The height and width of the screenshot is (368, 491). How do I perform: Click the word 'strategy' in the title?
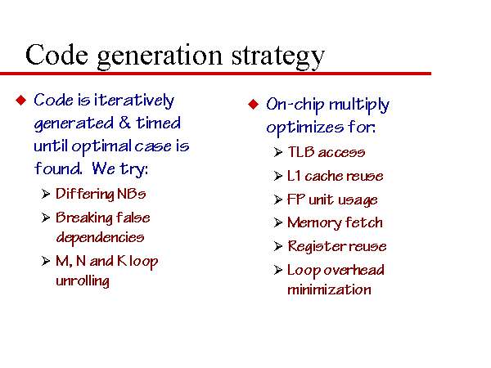tap(278, 57)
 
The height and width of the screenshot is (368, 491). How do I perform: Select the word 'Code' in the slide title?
tap(56, 55)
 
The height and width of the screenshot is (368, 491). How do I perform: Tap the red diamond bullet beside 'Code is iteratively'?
tap(21, 100)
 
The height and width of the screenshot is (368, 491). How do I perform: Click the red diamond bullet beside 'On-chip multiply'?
tap(254, 104)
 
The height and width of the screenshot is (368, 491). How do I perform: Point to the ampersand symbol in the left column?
tap(124, 123)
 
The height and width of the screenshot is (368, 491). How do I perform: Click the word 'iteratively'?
tap(134, 101)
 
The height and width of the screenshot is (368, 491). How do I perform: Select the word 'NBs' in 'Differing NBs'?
tap(132, 194)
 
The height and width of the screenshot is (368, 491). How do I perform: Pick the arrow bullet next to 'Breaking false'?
tap(46, 218)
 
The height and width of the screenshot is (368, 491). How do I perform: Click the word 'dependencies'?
tap(100, 237)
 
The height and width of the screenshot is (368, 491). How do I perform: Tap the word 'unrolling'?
tap(83, 280)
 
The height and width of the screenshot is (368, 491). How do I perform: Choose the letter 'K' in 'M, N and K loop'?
tap(121, 261)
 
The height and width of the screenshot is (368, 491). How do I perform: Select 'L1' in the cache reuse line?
tap(294, 176)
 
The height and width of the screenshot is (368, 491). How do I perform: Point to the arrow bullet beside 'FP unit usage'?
tap(278, 200)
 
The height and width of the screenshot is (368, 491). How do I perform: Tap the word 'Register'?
tap(317, 247)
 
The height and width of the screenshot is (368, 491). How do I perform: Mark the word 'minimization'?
tap(330, 289)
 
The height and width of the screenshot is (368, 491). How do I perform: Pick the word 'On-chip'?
tap(295, 105)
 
